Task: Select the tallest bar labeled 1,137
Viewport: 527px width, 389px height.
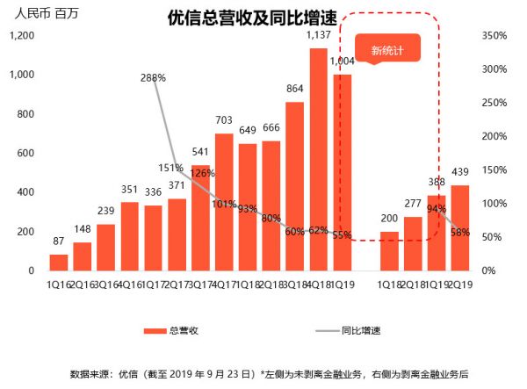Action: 318,158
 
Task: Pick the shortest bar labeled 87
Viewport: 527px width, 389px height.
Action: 59,262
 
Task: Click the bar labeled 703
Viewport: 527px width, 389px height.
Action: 224,202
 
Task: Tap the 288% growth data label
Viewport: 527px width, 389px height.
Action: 153,77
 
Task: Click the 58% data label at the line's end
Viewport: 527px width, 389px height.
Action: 460,233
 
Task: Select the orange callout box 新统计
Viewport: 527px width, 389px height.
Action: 387,50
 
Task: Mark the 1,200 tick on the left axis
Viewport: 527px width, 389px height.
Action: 21,36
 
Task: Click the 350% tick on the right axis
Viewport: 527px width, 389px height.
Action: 495,36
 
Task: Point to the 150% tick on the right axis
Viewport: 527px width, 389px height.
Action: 495,170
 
